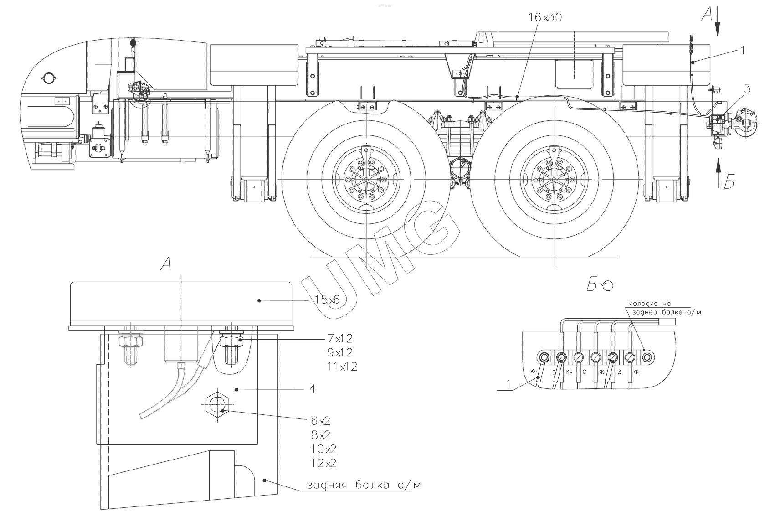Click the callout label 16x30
coord(545,17)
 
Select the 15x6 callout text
coord(327,300)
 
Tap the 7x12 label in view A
coord(340,339)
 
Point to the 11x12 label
coord(342,366)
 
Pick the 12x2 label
coord(324,463)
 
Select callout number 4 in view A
coord(312,389)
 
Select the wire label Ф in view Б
coord(637,372)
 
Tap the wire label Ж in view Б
coord(601,372)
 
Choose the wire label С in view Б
coord(584,372)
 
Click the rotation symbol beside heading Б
coord(607,286)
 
